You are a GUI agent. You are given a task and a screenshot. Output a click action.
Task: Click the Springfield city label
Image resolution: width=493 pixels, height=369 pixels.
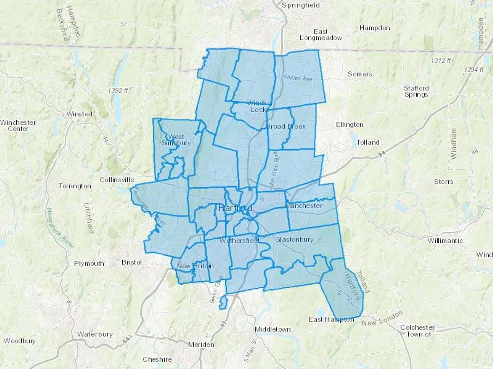301,5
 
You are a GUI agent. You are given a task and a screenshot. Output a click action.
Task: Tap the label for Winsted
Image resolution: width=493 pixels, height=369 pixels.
79,114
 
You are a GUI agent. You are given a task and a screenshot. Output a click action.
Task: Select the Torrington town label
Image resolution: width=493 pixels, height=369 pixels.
75,186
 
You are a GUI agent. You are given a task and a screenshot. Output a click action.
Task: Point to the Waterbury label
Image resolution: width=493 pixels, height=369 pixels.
95,334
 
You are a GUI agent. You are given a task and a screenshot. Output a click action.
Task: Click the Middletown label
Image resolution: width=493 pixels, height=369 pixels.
273,329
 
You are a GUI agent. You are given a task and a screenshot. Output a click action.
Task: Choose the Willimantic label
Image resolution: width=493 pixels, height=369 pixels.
445,241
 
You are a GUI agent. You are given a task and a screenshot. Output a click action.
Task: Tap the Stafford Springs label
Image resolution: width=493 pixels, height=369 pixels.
416,91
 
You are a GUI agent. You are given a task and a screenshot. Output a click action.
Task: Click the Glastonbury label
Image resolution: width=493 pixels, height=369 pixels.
294,239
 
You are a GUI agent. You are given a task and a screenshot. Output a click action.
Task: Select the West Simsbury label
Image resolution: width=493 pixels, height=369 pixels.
176,140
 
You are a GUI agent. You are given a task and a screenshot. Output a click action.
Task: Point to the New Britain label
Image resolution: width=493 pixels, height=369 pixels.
195,266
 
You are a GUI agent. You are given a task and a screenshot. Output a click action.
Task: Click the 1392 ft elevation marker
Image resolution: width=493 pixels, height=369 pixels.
118,90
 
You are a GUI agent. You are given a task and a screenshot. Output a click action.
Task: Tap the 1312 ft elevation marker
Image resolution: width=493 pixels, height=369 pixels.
441,60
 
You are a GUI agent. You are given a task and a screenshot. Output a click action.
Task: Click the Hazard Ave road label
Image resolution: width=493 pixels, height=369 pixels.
297,78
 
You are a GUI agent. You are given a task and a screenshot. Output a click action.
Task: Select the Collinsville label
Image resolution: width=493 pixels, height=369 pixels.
117,180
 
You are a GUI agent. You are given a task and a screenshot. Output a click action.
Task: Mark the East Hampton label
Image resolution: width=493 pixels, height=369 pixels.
331,319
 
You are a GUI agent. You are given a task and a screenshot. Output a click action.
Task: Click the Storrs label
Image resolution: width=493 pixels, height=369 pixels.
443,182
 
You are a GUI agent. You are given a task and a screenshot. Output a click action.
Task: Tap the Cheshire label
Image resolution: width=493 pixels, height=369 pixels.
157,359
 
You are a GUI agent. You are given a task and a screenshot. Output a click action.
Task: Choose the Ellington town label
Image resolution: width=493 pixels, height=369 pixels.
350,125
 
